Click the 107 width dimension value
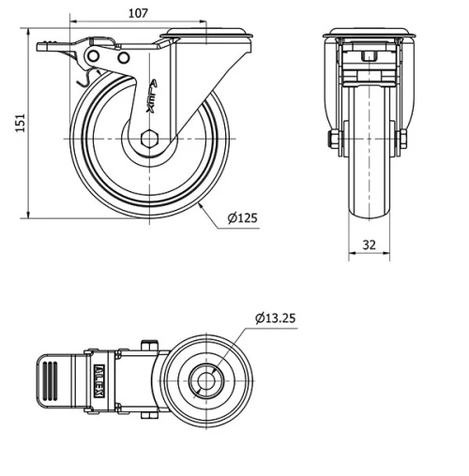(138, 14)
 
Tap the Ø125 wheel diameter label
(242, 218)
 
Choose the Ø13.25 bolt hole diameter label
(275, 319)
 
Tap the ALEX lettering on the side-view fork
(150, 97)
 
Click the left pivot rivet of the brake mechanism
(94, 58)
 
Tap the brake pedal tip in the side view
(43, 45)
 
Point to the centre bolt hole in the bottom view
(204, 379)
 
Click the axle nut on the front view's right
(404, 140)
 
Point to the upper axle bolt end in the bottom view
(147, 343)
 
